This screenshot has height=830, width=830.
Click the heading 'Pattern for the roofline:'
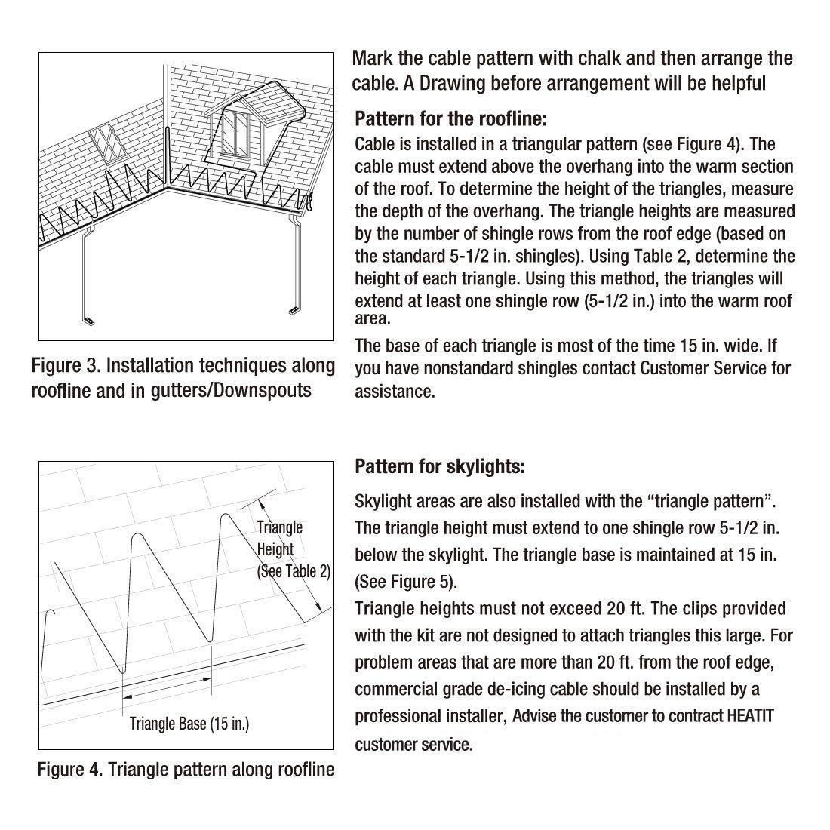(x=450, y=118)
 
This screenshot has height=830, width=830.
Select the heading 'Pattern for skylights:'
(x=439, y=466)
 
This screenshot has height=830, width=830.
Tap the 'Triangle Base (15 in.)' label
(x=189, y=724)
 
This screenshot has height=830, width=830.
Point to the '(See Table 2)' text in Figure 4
(x=294, y=571)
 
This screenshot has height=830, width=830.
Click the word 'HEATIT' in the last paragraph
(x=746, y=716)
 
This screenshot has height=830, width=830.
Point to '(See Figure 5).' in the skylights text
(x=406, y=582)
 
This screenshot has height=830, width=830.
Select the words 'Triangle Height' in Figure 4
(x=279, y=538)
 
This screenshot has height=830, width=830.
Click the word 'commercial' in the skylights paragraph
(x=398, y=689)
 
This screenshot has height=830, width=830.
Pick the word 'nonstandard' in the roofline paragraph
(x=471, y=368)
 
